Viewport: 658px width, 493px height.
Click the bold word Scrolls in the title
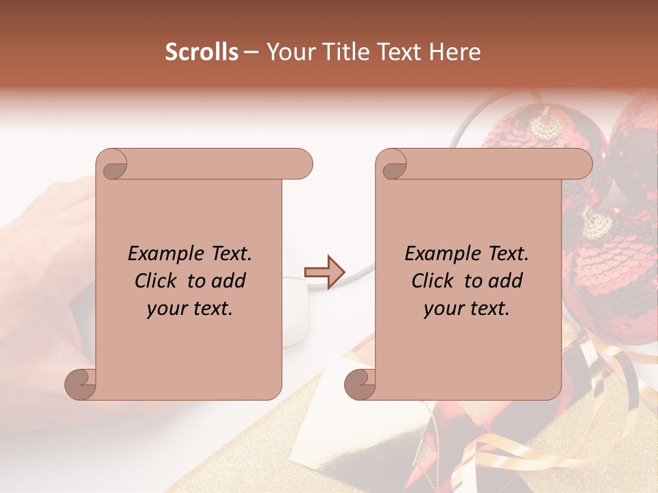202,52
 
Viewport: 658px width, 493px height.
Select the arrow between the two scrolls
324,272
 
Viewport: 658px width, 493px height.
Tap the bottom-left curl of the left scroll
81,383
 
